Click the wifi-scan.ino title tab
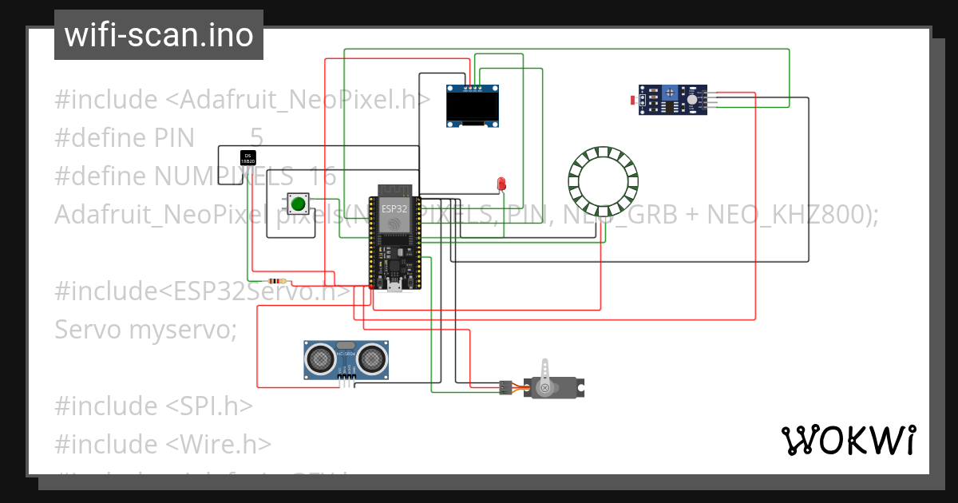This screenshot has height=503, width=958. point(159,35)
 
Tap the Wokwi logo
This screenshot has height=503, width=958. point(848,440)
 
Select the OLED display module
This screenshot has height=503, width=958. point(474,107)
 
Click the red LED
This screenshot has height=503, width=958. point(501,184)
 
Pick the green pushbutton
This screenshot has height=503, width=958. point(299,204)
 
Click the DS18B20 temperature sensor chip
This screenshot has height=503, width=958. point(247,157)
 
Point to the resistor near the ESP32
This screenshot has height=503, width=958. point(277,281)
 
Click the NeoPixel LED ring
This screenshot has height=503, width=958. point(604,182)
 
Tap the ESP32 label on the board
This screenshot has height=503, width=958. point(393,208)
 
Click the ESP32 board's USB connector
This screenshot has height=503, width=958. point(393,287)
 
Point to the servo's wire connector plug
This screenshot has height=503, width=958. point(505,387)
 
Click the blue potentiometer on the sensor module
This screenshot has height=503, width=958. point(669,95)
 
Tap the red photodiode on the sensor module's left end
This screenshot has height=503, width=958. point(635,101)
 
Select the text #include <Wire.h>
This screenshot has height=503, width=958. point(163,444)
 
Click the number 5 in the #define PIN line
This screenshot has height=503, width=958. point(256,137)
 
